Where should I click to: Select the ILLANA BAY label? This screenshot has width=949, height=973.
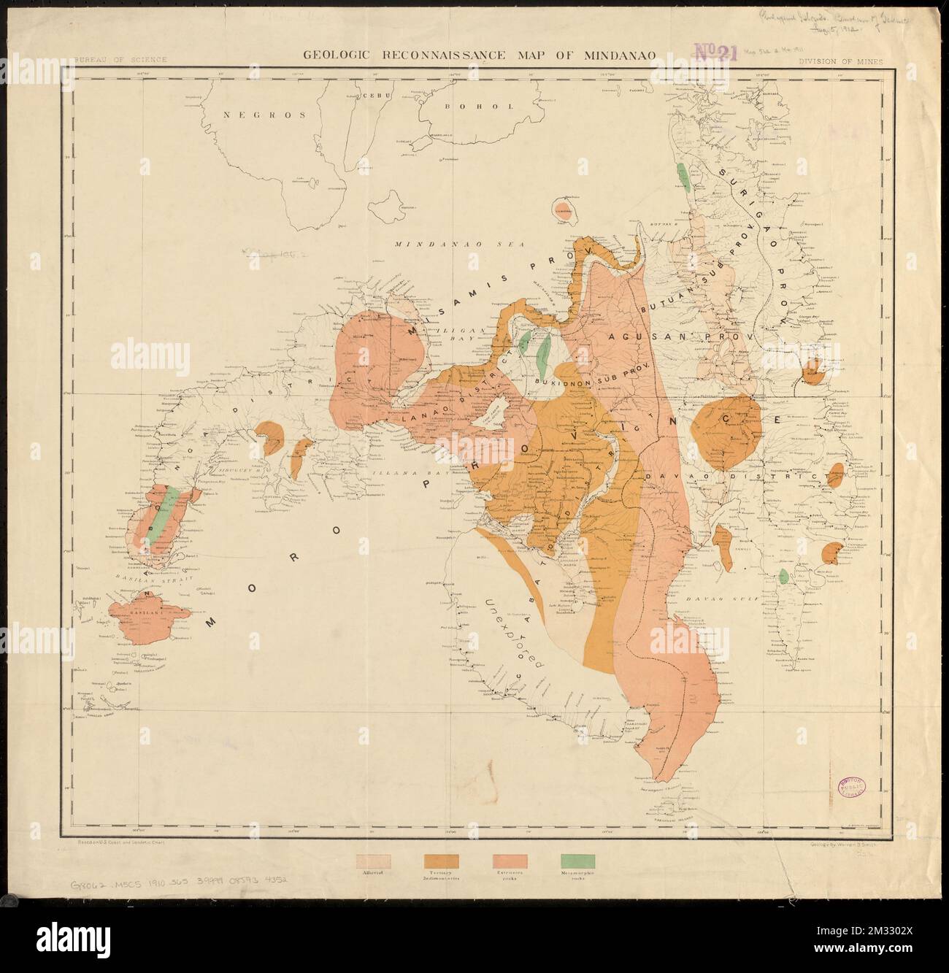[x=399, y=474]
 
